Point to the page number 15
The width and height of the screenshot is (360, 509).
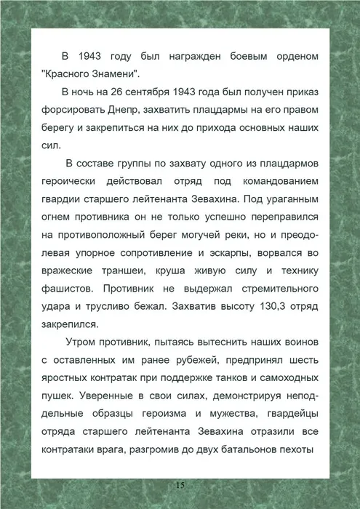(180, 485)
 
